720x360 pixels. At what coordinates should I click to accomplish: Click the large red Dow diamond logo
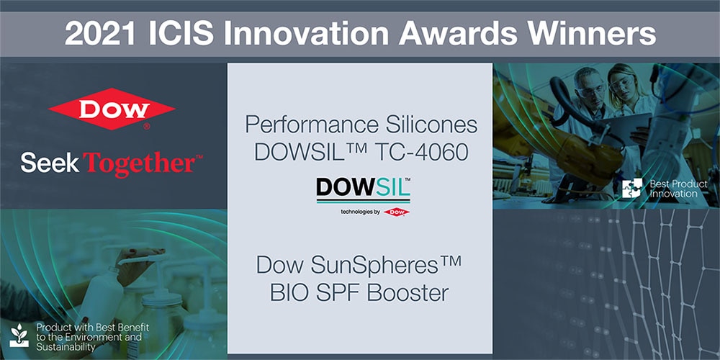(x=112, y=109)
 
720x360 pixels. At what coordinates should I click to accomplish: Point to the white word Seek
(x=50, y=163)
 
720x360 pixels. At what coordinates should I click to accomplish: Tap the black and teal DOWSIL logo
(x=363, y=189)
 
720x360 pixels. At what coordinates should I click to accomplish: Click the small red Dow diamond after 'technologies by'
(x=397, y=212)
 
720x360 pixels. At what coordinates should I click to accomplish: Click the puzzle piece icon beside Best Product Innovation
(x=632, y=188)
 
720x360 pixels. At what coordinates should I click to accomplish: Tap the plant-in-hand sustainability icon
(x=19, y=336)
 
